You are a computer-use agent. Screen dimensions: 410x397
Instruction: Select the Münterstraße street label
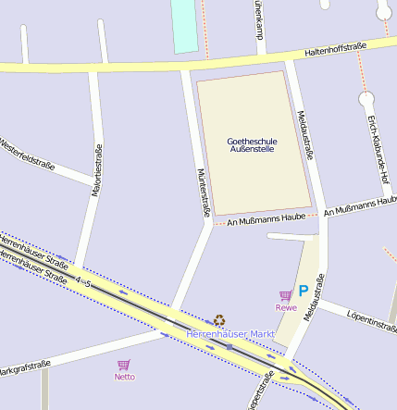[203, 193]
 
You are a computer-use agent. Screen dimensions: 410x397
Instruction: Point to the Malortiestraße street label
[97, 174]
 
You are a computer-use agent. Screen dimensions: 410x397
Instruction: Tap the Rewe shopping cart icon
[285, 296]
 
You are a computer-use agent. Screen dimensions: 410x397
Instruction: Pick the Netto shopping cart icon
[123, 365]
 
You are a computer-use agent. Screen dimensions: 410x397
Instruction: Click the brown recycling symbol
[219, 319]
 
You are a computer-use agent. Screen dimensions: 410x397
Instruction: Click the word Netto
[124, 377]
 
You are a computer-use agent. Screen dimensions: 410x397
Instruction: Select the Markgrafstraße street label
[24, 369]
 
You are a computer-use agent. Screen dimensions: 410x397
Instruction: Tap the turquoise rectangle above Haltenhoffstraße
[185, 26]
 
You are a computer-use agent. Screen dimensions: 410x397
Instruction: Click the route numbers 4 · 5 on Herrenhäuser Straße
[83, 280]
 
